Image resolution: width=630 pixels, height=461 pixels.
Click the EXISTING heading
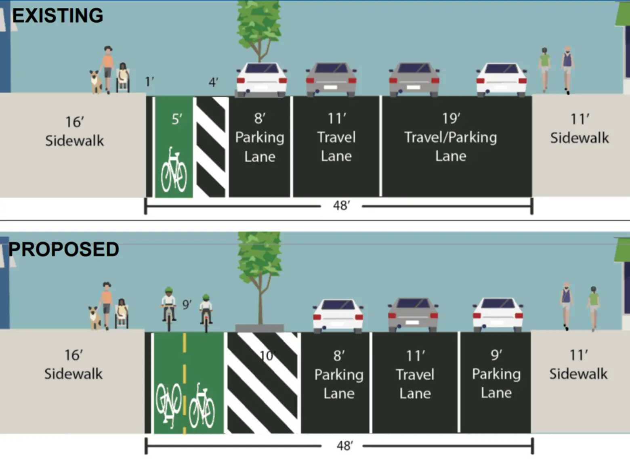[57, 16]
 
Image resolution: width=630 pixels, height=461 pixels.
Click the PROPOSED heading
[63, 249]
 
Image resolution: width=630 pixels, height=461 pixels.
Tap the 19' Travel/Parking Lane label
[450, 137]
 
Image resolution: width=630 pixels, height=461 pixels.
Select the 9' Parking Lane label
[496, 374]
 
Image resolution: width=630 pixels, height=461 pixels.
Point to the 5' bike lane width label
[176, 119]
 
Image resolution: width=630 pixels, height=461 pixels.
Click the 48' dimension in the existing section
[341, 206]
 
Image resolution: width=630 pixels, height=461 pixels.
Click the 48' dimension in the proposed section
[344, 446]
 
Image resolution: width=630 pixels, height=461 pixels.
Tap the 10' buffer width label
[267, 356]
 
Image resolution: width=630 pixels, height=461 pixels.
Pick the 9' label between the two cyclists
[187, 304]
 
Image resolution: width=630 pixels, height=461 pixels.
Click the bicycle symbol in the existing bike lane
[174, 170]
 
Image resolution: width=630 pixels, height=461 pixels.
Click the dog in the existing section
[96, 82]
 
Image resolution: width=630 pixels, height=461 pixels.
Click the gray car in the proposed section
[413, 314]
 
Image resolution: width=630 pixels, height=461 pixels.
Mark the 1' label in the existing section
[149, 82]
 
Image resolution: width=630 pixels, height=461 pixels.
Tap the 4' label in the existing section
[213, 83]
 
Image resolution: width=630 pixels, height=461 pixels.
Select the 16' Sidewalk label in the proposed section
[73, 365]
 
